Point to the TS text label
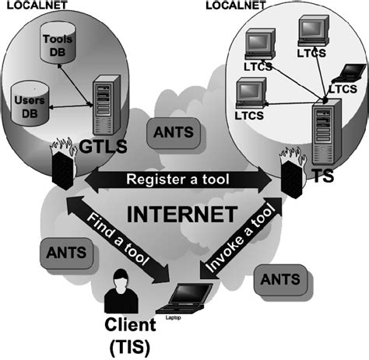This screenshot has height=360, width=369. pos(322,176)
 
